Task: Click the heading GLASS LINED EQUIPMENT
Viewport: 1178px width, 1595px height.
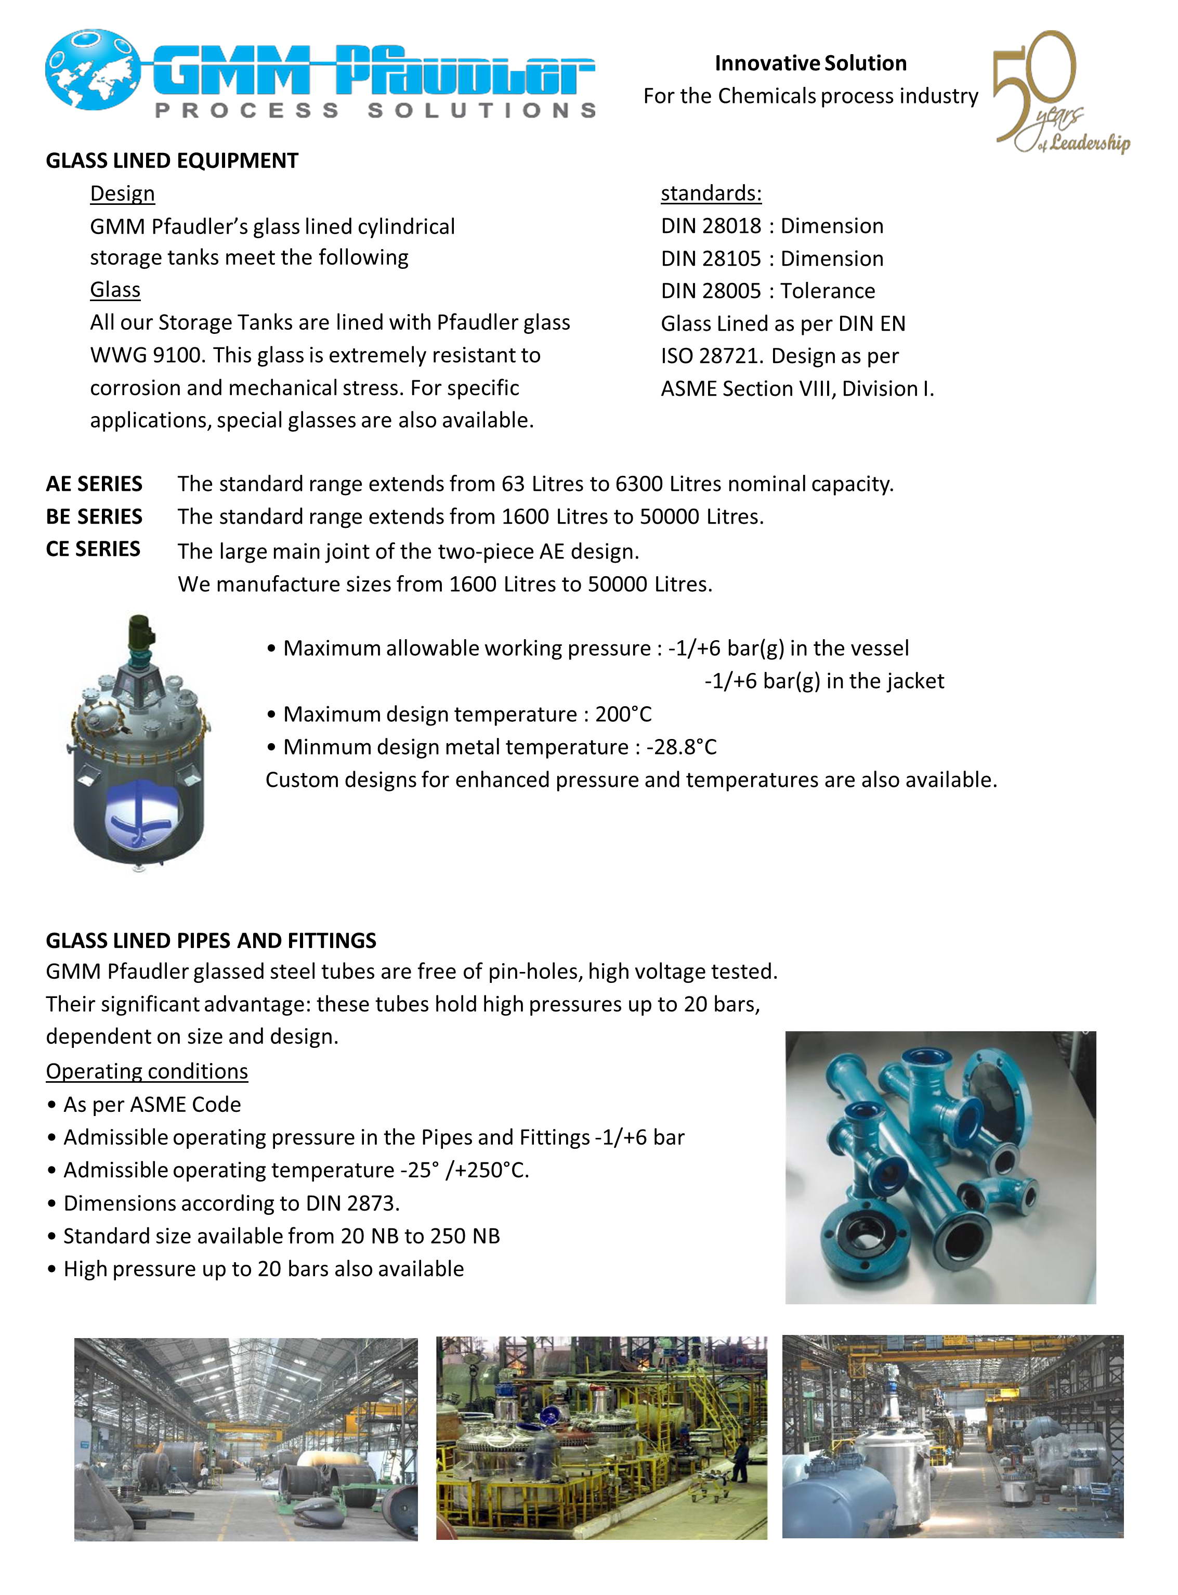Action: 172,161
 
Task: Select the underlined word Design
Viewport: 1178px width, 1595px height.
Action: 122,193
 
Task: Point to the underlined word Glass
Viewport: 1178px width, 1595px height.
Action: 115,290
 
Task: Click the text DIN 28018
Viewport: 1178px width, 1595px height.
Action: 711,226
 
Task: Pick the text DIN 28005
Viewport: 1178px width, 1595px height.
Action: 711,291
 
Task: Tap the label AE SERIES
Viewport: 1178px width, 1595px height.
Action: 94,484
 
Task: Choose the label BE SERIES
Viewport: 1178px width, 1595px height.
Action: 94,516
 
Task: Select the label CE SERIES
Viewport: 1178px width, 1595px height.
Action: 94,549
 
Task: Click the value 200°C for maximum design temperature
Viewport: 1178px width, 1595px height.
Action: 623,715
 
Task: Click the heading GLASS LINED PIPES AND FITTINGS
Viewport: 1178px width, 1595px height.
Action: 211,941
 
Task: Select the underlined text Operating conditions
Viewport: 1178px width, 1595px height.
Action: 147,1071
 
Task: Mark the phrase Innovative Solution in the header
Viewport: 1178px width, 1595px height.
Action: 811,63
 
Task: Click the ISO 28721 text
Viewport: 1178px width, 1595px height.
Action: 710,356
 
